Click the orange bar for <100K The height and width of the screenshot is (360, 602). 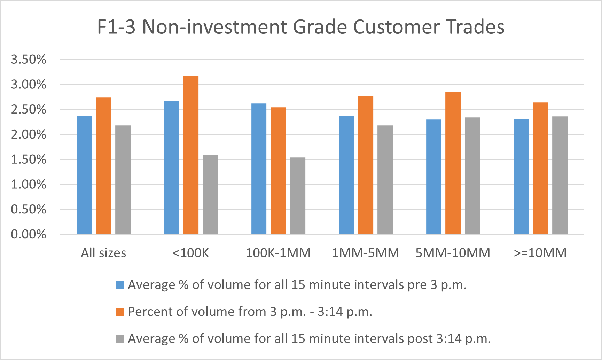pos(191,155)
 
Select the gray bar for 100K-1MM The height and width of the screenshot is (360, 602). pos(298,196)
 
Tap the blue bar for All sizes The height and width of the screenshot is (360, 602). pos(84,175)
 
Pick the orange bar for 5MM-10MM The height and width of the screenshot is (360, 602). pos(453,163)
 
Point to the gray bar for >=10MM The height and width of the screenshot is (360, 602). pos(560,175)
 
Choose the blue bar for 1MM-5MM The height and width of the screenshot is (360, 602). pos(346,175)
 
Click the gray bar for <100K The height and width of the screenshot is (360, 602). pos(210,194)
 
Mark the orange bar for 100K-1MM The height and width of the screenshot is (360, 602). pos(278,171)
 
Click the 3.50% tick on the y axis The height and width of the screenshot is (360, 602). pos(29,60)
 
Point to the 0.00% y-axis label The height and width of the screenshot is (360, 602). pos(29,234)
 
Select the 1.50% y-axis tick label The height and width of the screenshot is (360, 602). pos(29,159)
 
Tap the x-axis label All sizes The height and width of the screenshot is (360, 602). pos(103,253)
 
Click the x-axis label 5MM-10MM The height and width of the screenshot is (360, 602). pos(453,253)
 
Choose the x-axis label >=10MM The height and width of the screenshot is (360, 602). pos(540,253)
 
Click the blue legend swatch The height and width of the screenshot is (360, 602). pos(120,285)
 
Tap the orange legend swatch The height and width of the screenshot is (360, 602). pos(120,312)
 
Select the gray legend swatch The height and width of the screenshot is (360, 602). pos(120,338)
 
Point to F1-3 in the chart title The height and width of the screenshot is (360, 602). pos(116,27)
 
